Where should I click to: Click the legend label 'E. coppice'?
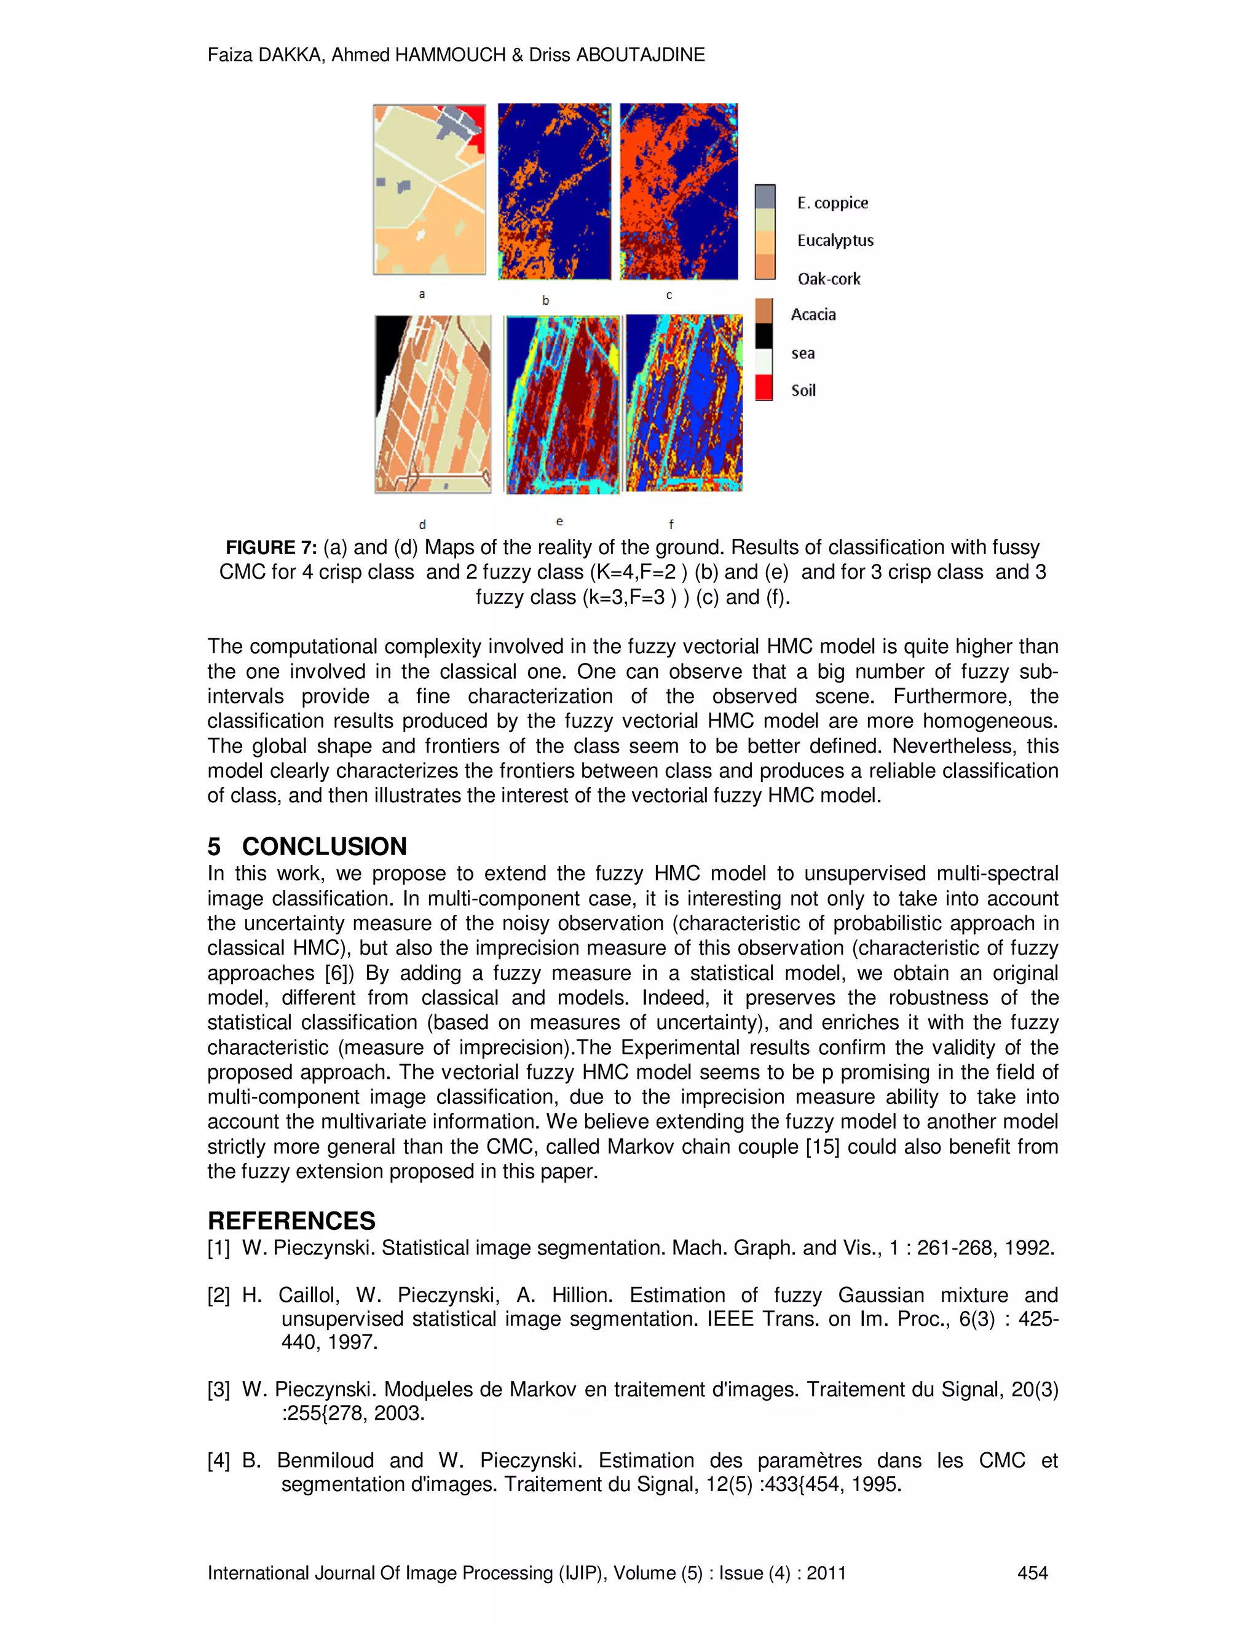[832, 203]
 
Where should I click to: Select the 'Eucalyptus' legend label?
[835, 240]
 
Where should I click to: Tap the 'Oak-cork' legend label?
[829, 279]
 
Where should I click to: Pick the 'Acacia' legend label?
[813, 315]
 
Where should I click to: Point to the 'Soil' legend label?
[803, 391]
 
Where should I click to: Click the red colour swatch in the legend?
[764, 388]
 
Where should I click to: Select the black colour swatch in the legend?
[764, 335]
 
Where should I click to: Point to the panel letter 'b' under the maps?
[545, 300]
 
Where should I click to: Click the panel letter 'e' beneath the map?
[559, 522]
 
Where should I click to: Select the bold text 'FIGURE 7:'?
[272, 548]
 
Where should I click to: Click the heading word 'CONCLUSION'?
[325, 846]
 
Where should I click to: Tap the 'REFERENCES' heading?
[291, 1221]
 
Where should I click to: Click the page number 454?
[1032, 1573]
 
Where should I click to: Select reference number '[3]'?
[218, 1390]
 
